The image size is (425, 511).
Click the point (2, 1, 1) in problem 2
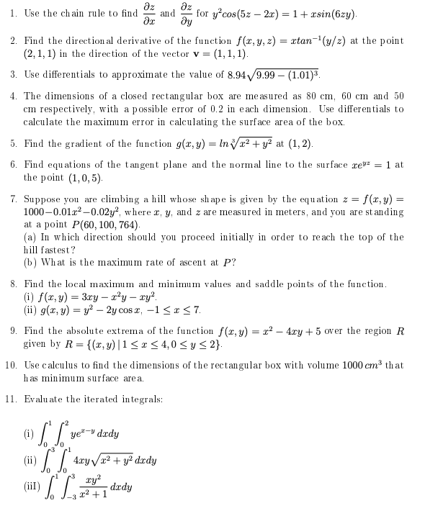(42, 55)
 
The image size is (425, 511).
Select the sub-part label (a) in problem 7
(30, 237)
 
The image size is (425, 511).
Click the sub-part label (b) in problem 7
(30, 261)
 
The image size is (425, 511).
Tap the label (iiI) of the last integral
(32, 486)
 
